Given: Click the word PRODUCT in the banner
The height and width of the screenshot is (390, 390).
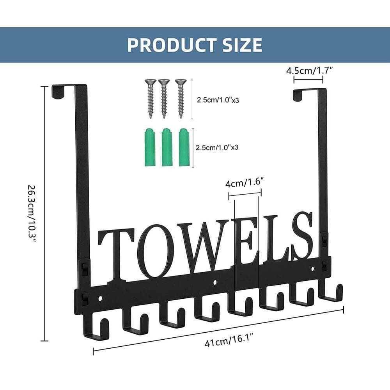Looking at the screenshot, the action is [x=172, y=45].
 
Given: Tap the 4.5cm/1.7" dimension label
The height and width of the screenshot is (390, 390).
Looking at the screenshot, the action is [x=309, y=71].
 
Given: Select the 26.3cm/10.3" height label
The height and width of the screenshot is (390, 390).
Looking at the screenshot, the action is [x=32, y=214].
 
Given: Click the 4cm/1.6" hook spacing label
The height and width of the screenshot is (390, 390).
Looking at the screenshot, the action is [x=244, y=183].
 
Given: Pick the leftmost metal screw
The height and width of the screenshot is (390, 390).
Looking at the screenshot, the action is [x=151, y=99].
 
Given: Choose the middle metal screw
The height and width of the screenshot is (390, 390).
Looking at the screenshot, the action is [x=164, y=99].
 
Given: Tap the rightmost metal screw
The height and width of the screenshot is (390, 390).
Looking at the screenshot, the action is [x=181, y=99].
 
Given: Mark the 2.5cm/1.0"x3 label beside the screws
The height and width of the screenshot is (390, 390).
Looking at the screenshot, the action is [x=218, y=100].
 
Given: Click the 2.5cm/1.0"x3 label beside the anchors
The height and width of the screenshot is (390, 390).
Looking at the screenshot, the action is [x=217, y=147].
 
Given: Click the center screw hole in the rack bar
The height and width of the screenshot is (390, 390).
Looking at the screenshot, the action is [x=215, y=282].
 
